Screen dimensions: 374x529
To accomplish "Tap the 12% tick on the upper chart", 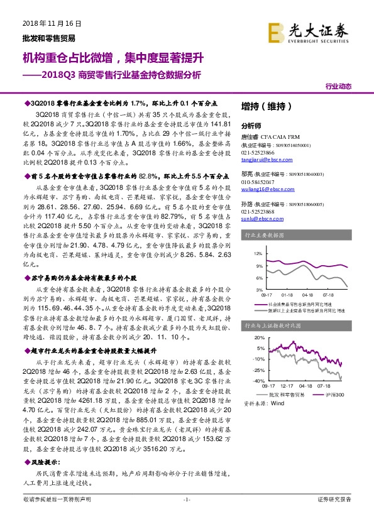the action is pyautogui.click(x=258, y=254).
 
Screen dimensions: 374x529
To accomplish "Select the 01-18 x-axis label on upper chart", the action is pyautogui.click(x=287, y=293).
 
